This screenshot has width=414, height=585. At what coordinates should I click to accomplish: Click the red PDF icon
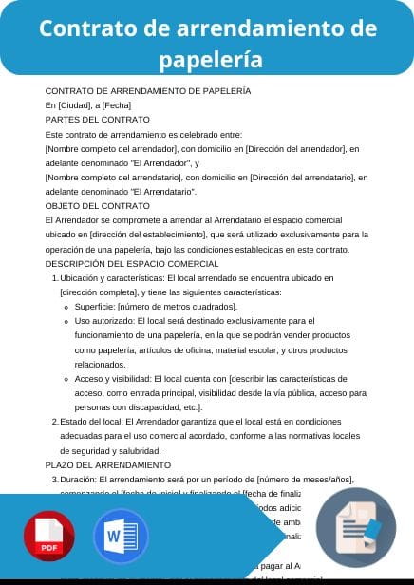49,537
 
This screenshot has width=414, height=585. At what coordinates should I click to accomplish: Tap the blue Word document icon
121,537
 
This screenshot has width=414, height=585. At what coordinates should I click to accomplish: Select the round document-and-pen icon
355,525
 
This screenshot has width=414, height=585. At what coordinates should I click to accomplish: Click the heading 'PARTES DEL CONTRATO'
98,120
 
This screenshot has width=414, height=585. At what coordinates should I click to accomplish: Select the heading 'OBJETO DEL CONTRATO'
99,205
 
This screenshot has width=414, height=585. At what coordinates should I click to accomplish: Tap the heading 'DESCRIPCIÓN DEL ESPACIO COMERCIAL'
132,263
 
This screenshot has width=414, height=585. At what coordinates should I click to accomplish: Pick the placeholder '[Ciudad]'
73,105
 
